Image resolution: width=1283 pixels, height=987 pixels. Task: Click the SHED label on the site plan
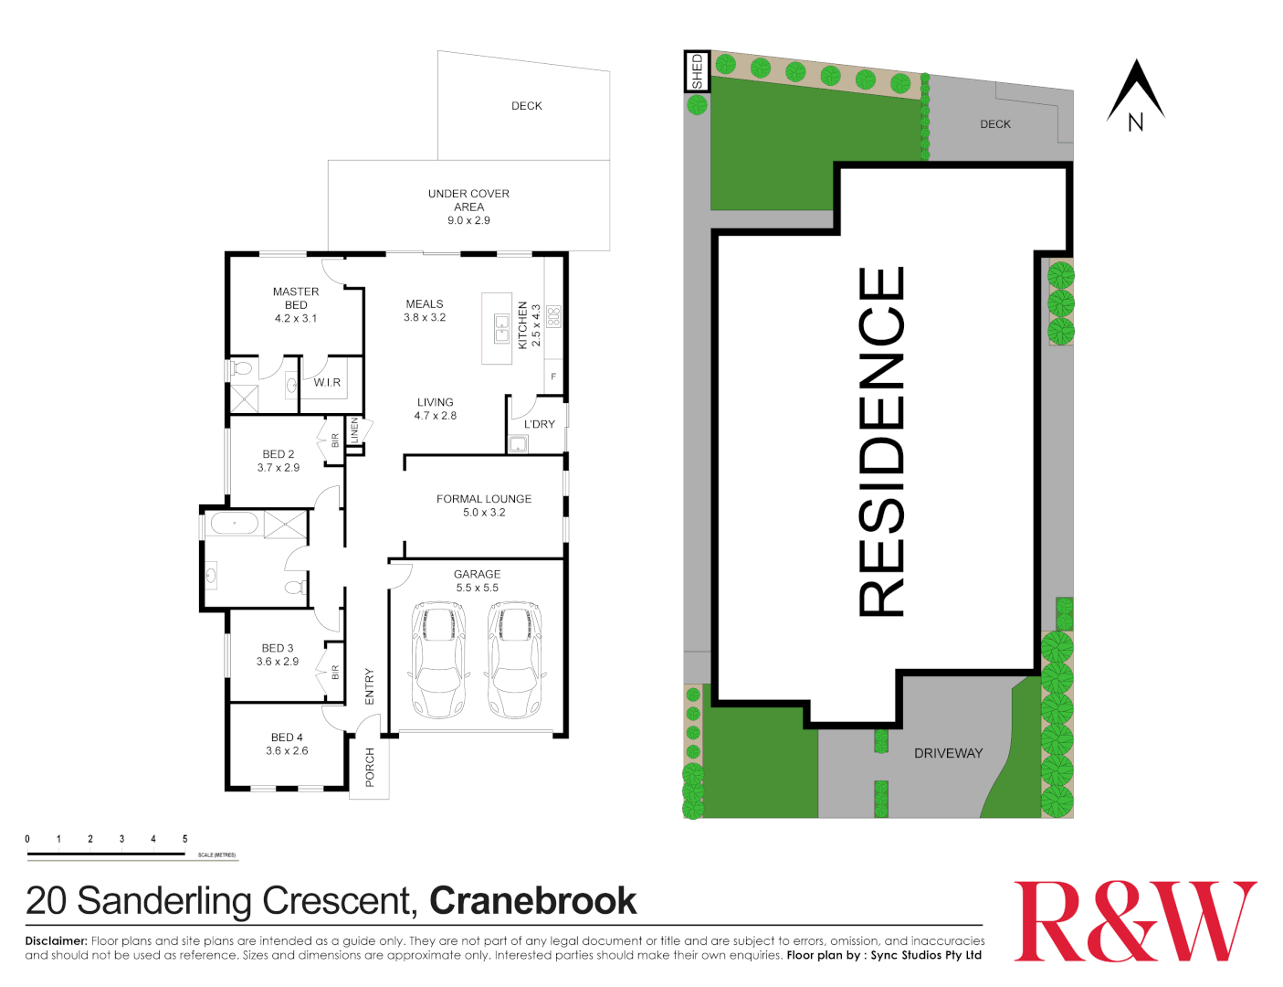tap(698, 71)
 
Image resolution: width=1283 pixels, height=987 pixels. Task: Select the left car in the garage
tap(438, 659)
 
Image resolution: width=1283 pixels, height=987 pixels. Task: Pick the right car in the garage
tap(515, 659)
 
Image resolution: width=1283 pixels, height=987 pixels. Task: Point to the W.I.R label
tap(327, 382)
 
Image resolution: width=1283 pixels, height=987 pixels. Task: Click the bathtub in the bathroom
tap(235, 524)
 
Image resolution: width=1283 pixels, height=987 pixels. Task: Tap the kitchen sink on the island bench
tap(501, 328)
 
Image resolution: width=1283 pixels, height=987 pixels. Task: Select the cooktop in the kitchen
tap(553, 316)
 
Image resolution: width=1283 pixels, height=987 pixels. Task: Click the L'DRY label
tap(539, 424)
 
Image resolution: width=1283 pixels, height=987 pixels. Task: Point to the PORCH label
tap(370, 767)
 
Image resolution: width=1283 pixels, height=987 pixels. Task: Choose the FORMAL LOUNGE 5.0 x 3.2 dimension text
tap(484, 513)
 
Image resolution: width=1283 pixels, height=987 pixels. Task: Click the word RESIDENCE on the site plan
tap(882, 441)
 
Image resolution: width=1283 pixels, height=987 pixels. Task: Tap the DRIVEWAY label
tap(948, 753)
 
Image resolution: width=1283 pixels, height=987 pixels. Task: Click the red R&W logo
tap(1135, 920)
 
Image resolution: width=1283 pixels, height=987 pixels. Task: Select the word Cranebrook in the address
tap(532, 901)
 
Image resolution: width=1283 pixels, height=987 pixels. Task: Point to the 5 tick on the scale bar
tap(184, 839)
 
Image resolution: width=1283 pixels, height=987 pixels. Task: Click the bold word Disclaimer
tap(56, 940)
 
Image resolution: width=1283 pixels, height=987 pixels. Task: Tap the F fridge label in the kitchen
tap(553, 377)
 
